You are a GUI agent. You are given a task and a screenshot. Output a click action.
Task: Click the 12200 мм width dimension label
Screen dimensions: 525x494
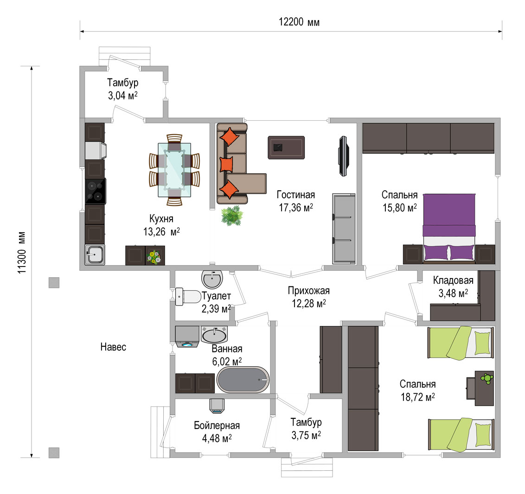point(299,22)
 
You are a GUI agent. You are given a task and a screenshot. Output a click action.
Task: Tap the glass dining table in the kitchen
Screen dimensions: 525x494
point(174,170)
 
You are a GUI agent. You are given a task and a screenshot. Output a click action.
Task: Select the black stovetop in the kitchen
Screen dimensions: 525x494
point(96,191)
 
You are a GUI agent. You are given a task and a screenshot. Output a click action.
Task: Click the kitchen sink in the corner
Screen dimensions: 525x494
point(95,255)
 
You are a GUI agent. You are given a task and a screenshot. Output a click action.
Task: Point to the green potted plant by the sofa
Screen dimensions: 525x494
point(232,215)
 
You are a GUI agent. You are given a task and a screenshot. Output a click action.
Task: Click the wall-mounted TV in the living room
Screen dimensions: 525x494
point(344,156)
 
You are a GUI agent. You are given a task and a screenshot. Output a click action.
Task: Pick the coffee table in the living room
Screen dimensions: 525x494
point(286,148)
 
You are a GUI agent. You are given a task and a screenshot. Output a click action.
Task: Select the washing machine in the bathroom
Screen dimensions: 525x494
point(187,337)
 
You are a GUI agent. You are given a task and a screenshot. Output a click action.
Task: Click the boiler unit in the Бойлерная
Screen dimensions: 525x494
point(217,405)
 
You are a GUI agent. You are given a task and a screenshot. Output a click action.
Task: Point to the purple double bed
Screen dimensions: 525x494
point(449,227)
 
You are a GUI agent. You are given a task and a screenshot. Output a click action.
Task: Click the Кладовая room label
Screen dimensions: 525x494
point(453,280)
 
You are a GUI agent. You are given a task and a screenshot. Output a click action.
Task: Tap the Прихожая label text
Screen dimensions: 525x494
point(309,291)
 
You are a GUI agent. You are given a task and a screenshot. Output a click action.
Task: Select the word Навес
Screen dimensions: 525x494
point(113,347)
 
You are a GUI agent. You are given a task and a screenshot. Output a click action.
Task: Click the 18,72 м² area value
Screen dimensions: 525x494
point(418,397)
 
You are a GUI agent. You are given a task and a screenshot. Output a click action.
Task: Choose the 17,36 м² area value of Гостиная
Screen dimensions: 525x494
point(296,208)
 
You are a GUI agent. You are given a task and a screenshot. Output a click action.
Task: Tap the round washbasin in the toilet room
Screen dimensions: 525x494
point(212,279)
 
